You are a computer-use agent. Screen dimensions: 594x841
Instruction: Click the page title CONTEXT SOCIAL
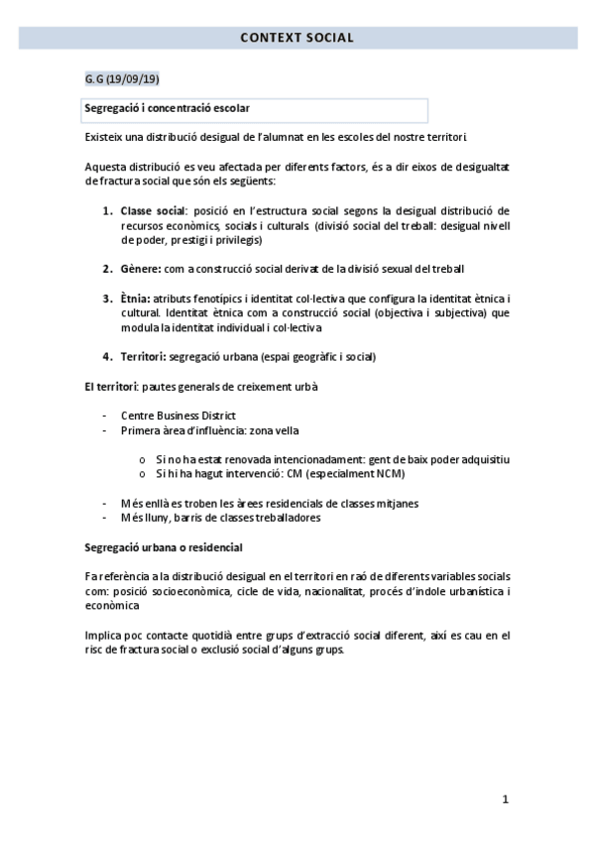297,39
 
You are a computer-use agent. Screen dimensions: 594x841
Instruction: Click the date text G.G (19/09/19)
122,78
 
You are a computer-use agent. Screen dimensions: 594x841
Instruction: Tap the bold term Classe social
153,211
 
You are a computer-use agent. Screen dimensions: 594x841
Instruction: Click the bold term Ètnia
135,299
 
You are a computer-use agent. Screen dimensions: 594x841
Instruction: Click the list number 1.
107,211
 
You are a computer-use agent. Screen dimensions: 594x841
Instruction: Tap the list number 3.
107,299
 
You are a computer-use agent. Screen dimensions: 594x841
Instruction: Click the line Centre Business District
178,415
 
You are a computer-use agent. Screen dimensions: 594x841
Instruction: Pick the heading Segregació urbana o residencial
164,546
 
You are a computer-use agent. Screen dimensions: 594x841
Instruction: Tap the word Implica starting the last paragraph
104,635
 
